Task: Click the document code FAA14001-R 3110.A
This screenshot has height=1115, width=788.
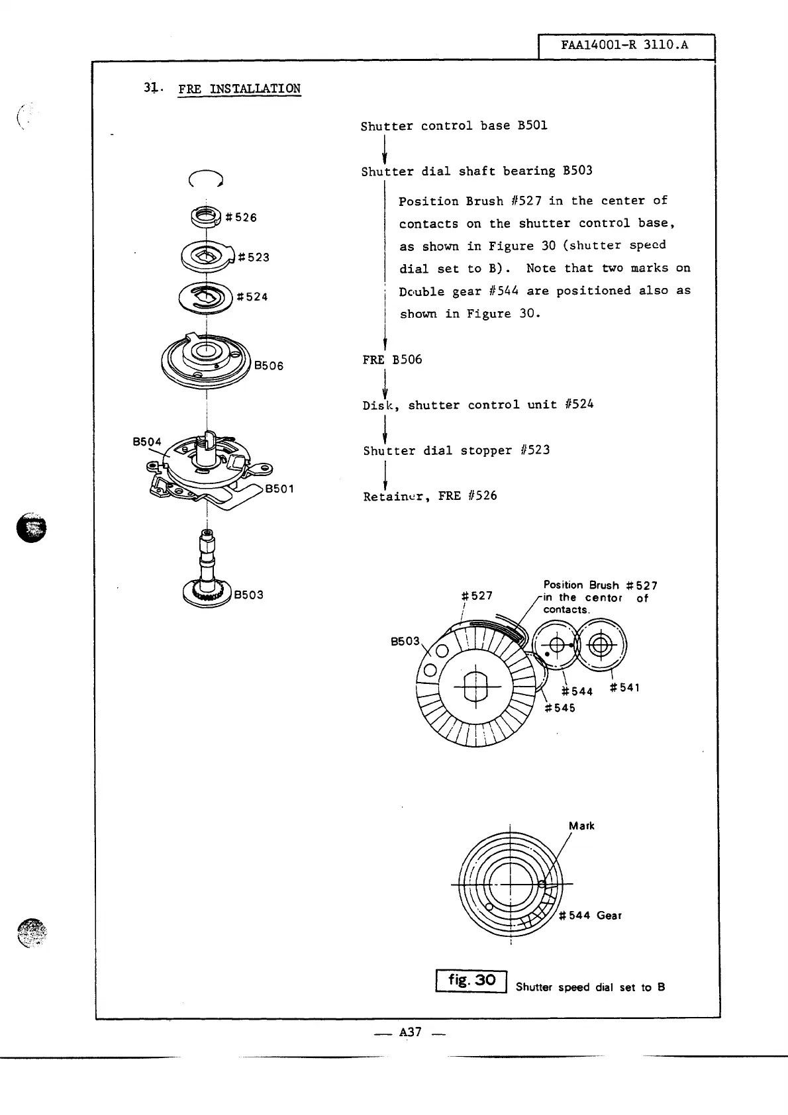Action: click(624, 45)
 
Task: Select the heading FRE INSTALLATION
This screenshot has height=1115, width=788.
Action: click(239, 89)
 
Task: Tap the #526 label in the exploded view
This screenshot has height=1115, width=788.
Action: click(242, 217)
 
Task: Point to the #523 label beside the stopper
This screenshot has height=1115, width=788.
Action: click(254, 257)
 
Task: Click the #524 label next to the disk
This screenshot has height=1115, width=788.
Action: click(252, 297)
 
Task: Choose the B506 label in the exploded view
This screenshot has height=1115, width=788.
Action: click(270, 365)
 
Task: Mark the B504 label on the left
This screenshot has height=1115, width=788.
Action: click(147, 442)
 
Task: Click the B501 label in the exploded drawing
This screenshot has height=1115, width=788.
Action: click(279, 489)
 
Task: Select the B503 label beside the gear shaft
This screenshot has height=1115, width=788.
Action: click(249, 595)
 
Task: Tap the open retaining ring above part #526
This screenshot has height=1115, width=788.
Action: click(206, 178)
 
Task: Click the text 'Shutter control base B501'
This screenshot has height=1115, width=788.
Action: click(454, 126)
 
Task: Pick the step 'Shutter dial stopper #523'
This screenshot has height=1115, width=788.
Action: click(456, 450)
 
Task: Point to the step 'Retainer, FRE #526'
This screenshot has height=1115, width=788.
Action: click(430, 496)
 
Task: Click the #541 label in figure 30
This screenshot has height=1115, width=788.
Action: click(624, 688)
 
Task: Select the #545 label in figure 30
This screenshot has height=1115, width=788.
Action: click(560, 708)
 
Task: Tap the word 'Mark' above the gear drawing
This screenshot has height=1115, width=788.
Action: click(581, 826)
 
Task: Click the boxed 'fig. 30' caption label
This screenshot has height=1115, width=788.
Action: click(471, 981)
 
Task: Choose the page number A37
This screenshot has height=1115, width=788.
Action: click(411, 1032)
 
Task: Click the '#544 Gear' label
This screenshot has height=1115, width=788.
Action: click(591, 916)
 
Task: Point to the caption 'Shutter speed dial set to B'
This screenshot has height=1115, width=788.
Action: click(591, 987)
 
